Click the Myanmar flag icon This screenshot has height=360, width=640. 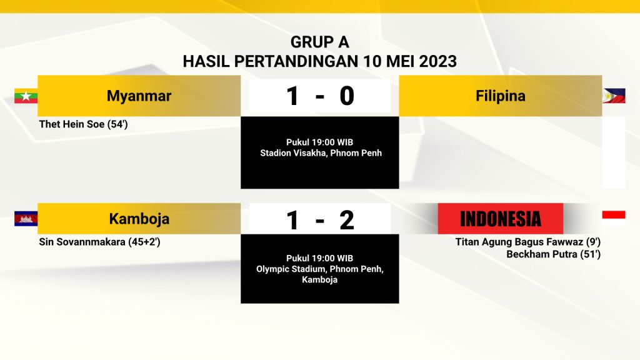pyautogui.click(x=26, y=96)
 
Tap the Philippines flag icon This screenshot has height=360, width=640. pyautogui.click(x=614, y=96)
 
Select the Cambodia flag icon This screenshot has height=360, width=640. pyautogui.click(x=26, y=218)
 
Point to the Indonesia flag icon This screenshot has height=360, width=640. pyautogui.click(x=614, y=218)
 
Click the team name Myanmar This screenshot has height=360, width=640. pyautogui.click(x=139, y=96)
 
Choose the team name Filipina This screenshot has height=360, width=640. pyautogui.click(x=501, y=96)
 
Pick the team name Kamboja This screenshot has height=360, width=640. pyautogui.click(x=139, y=219)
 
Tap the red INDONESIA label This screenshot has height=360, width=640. pyautogui.click(x=501, y=218)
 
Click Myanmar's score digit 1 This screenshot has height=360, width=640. pyautogui.click(x=292, y=96)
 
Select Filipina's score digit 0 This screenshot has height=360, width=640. pyautogui.click(x=347, y=96)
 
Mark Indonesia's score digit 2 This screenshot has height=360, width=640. pyautogui.click(x=346, y=220)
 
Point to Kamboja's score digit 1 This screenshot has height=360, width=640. pyautogui.click(x=292, y=220)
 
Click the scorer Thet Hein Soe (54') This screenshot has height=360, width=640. pyautogui.click(x=83, y=124)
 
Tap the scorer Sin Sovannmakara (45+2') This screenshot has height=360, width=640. pyautogui.click(x=99, y=242)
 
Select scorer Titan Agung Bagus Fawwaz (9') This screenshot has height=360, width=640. pyautogui.click(x=527, y=242)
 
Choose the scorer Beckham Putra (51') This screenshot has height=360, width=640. pyautogui.click(x=554, y=254)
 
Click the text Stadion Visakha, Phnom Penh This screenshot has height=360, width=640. pyautogui.click(x=321, y=153)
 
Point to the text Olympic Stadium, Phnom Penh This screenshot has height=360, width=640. pyautogui.click(x=319, y=269)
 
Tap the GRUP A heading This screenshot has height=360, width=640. pyautogui.click(x=319, y=42)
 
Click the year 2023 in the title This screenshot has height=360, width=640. pyautogui.click(x=438, y=62)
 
